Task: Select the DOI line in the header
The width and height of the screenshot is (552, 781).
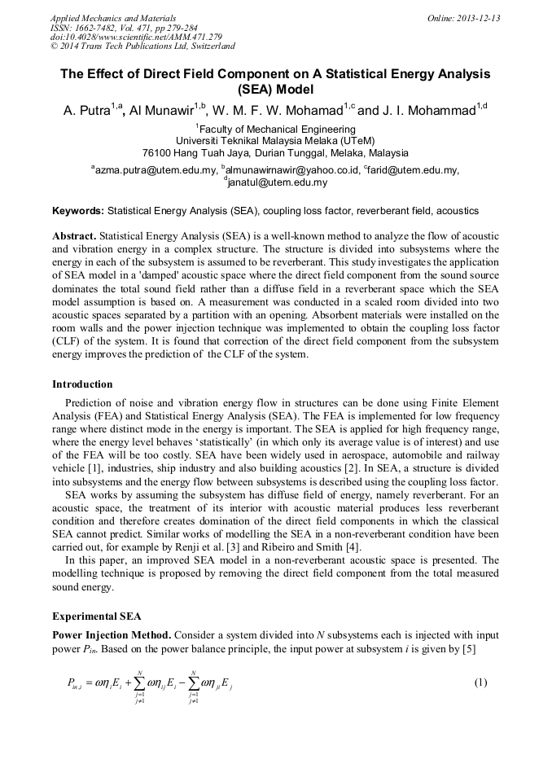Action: click(136, 37)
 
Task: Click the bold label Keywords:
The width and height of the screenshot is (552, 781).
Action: click(78, 211)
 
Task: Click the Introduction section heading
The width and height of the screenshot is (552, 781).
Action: click(82, 384)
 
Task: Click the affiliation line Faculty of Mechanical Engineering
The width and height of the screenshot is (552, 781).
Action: click(277, 129)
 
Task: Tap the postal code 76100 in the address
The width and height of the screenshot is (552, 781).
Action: click(157, 152)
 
